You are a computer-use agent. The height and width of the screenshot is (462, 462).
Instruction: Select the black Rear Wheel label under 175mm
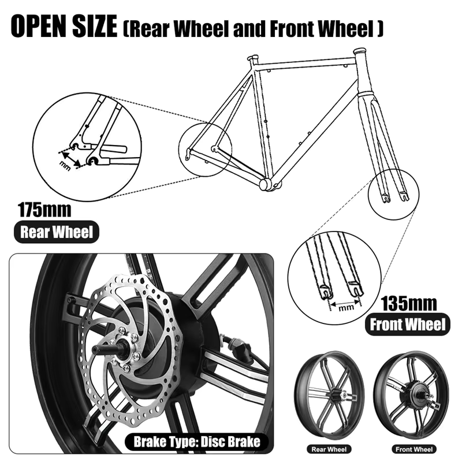(56, 232)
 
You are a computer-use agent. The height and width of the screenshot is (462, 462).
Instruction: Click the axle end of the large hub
(99, 349)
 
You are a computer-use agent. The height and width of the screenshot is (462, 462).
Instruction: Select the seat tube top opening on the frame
(252, 58)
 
